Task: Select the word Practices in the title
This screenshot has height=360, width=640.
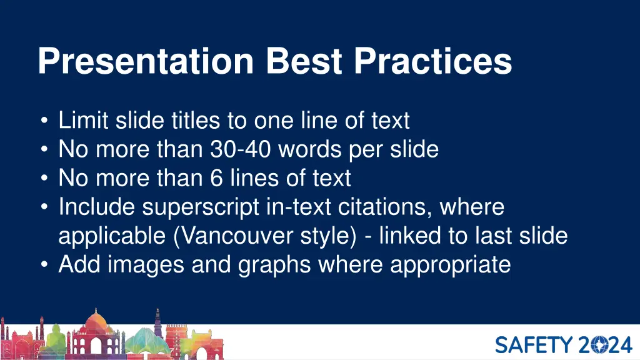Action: click(433, 62)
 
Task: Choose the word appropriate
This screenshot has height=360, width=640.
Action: click(451, 265)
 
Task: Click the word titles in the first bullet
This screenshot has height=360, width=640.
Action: click(201, 120)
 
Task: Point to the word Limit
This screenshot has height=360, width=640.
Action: click(84, 120)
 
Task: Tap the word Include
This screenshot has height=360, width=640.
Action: click(96, 207)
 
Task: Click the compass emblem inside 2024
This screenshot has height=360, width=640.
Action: click(596, 344)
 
